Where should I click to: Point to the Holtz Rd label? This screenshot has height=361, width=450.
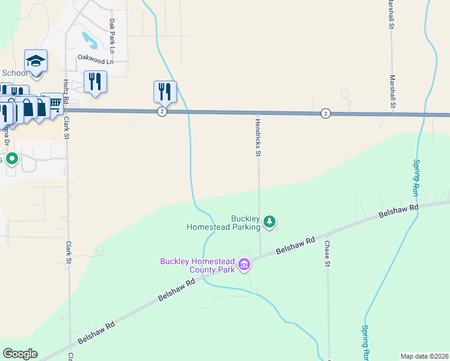point(66,91)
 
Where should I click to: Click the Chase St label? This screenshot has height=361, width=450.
point(327,253)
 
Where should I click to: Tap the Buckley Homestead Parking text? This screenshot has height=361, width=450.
point(224,223)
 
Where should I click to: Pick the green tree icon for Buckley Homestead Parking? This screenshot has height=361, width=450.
point(270,222)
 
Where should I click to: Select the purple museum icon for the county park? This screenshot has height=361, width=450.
point(244,265)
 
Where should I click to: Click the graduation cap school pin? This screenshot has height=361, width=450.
point(35,61)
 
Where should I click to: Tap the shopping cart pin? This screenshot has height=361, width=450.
point(54,103)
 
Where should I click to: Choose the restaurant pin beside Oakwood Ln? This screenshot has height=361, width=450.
point(95,81)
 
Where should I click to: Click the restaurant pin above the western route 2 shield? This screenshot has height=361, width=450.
point(164,91)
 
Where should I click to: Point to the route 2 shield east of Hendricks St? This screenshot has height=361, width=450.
point(325,113)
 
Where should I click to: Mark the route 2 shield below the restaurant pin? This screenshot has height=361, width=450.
point(162,112)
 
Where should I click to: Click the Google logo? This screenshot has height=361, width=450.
point(20,354)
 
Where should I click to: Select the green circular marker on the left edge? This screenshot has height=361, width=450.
point(11,159)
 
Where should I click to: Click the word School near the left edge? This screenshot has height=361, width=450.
point(14,73)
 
